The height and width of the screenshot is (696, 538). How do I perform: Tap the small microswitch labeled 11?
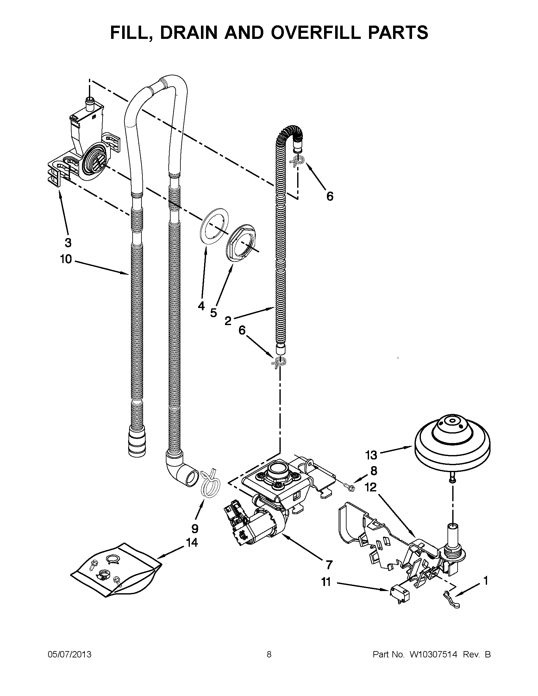coord(396,592)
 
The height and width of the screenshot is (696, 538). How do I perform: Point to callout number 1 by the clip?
coord(486,581)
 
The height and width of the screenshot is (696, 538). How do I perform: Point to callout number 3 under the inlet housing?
coord(68,243)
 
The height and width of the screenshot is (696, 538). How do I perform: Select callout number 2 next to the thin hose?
coord(228,321)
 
